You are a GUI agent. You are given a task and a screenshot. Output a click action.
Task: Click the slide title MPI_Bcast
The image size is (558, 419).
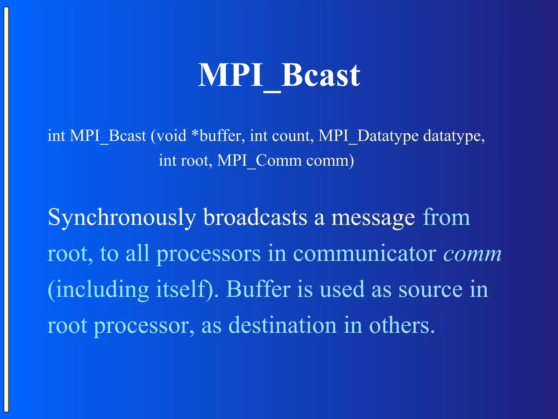click(279, 75)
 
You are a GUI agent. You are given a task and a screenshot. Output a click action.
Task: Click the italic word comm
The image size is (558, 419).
click(472, 254)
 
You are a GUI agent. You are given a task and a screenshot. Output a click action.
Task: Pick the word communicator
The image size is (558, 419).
click(365, 254)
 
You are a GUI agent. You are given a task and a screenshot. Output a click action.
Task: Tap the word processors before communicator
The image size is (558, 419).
click(208, 254)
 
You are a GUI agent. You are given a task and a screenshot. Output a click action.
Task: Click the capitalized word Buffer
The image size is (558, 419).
click(258, 290)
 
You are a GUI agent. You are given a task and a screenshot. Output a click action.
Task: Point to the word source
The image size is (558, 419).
click(430, 290)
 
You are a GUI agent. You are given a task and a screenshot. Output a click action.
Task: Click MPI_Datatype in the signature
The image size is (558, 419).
click(368, 136)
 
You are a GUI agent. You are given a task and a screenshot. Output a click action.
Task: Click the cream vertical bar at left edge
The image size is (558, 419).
click(6, 209)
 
